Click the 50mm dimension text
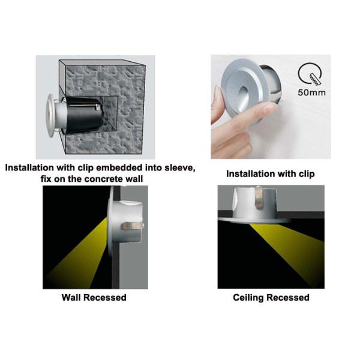click(311, 92)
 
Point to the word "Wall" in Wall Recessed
click(71, 298)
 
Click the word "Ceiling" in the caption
click(249, 298)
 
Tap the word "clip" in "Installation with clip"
click(307, 174)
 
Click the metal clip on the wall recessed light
click(131, 226)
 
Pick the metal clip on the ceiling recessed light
click(259, 197)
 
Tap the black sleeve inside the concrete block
click(83, 115)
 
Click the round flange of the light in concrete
click(50, 115)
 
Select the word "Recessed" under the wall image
click(104, 298)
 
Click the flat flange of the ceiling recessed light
click(254, 221)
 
